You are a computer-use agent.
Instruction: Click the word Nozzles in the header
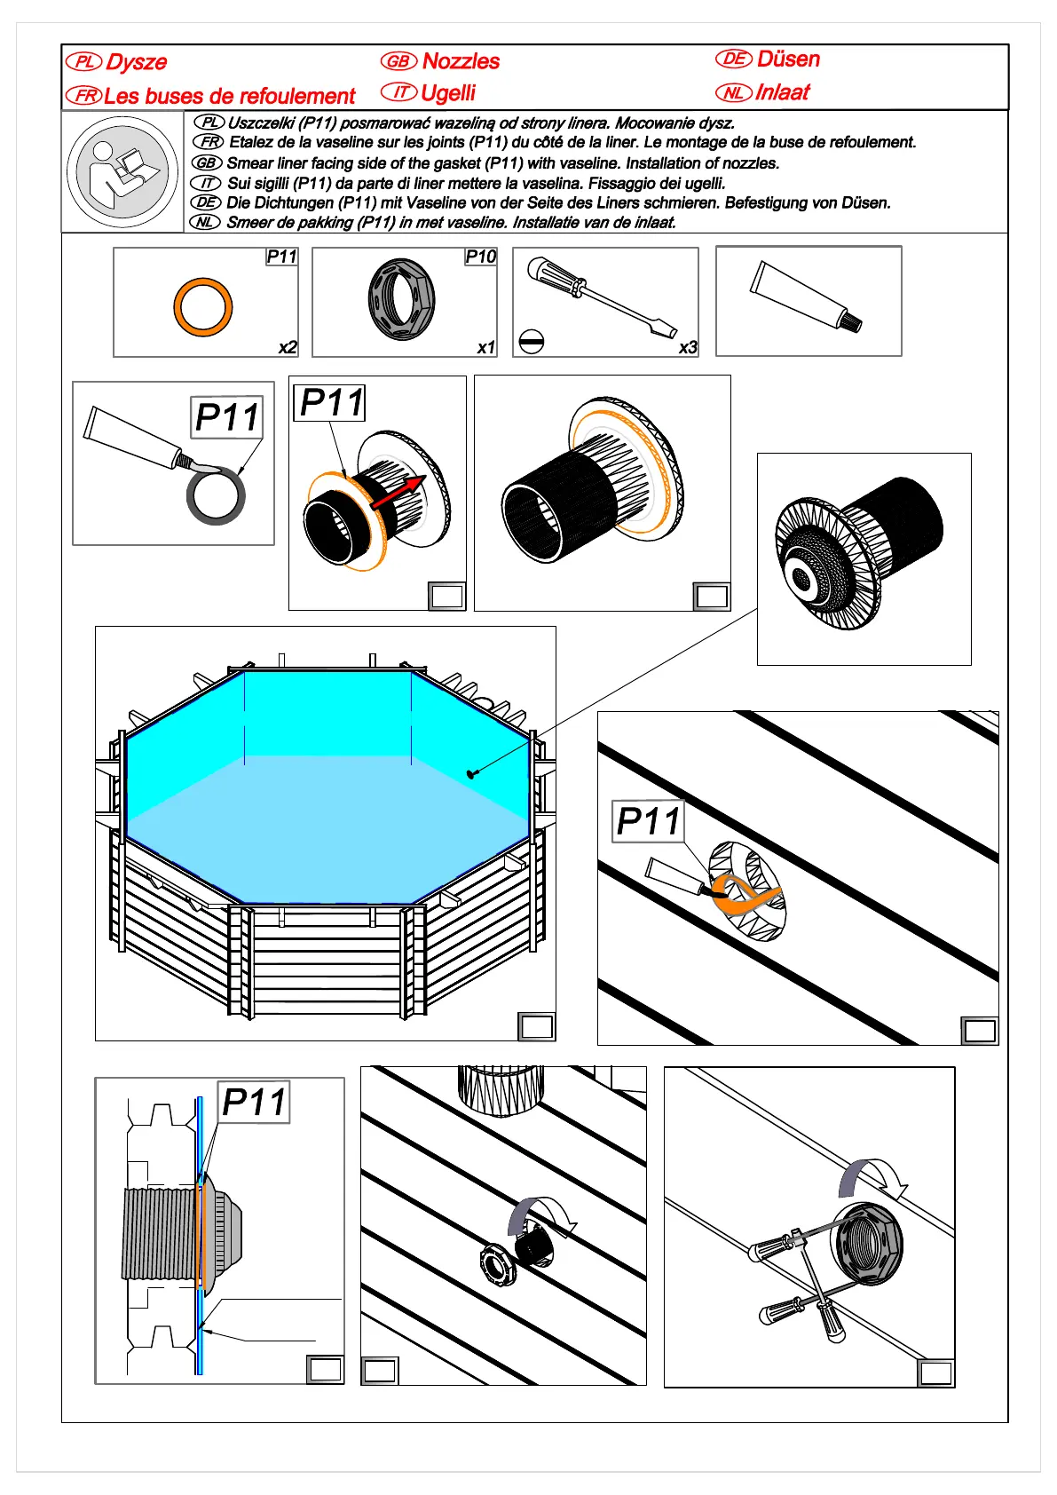(461, 61)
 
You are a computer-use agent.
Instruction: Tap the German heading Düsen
(788, 59)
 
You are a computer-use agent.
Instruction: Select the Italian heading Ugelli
(448, 92)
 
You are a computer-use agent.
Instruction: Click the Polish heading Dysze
(136, 62)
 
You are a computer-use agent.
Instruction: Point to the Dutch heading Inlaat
(782, 92)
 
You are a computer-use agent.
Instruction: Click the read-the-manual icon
(122, 171)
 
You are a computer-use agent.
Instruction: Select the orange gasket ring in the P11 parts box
(203, 307)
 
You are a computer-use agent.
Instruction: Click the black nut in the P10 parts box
(401, 299)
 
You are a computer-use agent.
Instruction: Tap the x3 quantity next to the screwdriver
(688, 347)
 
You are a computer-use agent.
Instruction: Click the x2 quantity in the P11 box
(288, 347)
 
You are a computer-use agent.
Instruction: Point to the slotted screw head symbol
(531, 341)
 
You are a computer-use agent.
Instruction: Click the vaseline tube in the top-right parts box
(805, 297)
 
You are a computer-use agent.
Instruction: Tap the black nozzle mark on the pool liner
(471, 773)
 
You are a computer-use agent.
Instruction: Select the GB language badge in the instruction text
(206, 162)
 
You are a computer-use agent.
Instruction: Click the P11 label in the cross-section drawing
(254, 1102)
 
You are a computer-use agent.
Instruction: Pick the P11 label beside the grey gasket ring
(227, 417)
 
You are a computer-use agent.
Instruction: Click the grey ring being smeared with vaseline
(216, 496)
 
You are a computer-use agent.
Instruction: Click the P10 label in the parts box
(480, 257)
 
